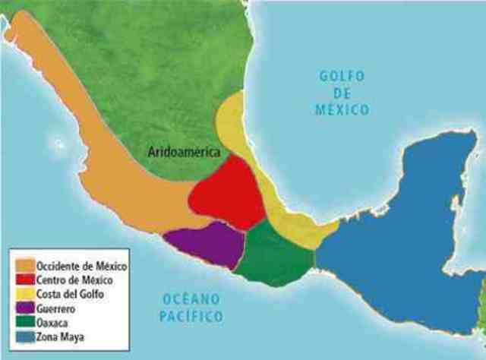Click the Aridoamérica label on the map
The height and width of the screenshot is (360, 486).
point(183,152)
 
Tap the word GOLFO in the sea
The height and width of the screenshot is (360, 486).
point(342,77)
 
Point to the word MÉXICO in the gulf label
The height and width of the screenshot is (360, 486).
point(342,109)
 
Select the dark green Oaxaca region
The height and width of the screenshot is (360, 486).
point(272,254)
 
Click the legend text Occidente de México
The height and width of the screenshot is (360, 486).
point(81,267)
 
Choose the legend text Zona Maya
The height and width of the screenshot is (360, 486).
point(60,335)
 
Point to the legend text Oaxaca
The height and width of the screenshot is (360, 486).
point(53,321)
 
